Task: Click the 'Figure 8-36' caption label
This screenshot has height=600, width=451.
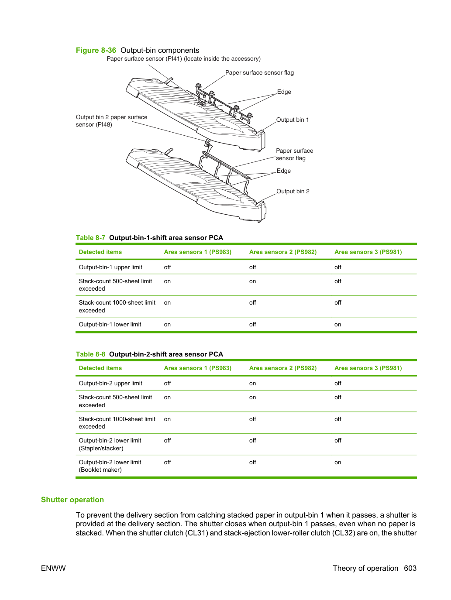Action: tap(96, 50)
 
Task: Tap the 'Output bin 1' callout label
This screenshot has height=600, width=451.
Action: tap(293, 120)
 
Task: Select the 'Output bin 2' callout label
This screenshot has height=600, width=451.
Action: tap(293, 191)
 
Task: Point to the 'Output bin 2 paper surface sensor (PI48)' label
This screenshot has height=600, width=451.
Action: tap(112, 121)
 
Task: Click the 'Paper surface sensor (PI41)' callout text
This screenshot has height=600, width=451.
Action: tap(145, 59)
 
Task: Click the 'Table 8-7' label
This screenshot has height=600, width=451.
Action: tap(90, 238)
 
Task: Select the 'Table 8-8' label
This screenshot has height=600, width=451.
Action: tap(90, 354)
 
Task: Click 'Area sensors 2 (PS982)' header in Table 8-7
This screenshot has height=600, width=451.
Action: tap(283, 252)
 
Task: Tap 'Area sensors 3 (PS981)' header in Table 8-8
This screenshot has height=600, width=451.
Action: tap(368, 368)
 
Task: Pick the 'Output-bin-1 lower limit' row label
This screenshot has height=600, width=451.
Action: tap(110, 325)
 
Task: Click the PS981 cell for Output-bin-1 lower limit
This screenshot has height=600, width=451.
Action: tap(338, 325)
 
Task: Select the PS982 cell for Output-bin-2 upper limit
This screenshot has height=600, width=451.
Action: tap(252, 384)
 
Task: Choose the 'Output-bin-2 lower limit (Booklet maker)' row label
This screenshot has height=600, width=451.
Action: tap(110, 466)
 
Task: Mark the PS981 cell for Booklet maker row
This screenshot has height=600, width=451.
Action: tap(338, 463)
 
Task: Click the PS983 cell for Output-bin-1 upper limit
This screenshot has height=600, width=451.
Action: tap(167, 267)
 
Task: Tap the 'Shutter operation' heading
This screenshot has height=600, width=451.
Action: tap(72, 500)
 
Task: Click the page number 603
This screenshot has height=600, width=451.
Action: tap(410, 568)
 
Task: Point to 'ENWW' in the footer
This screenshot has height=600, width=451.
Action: tap(53, 568)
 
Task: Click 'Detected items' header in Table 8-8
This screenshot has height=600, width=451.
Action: tap(100, 368)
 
